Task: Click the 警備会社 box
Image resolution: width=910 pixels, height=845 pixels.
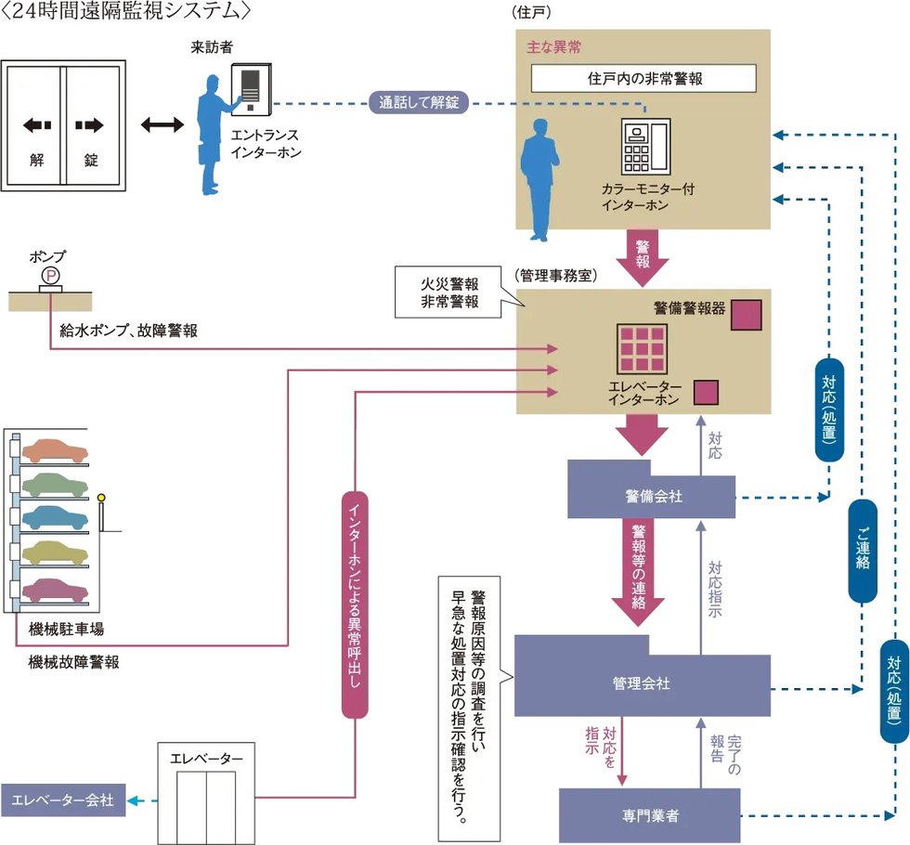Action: pyautogui.click(x=652, y=496)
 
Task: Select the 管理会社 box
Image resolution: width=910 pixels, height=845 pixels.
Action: pyautogui.click(x=642, y=684)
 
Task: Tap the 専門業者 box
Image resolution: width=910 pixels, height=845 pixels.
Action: pyautogui.click(x=650, y=815)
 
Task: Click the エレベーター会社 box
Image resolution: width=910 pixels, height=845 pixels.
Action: pyautogui.click(x=62, y=800)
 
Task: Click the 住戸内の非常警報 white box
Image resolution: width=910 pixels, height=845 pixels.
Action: pyautogui.click(x=643, y=78)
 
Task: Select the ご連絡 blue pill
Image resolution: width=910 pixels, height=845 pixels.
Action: pyautogui.click(x=863, y=551)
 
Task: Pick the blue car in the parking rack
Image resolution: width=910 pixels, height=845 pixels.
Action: pyautogui.click(x=56, y=517)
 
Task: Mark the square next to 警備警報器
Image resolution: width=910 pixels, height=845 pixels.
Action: pyautogui.click(x=746, y=315)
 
